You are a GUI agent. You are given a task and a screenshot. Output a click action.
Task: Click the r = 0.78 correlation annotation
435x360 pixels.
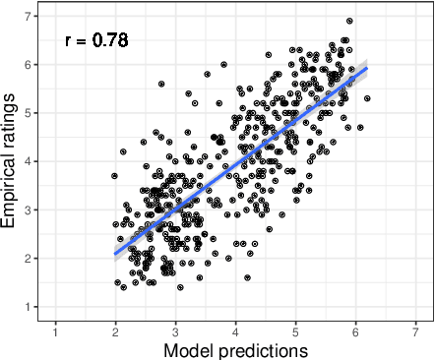click(x=96, y=41)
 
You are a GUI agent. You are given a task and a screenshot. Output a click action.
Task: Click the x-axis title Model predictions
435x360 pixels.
click(x=235, y=350)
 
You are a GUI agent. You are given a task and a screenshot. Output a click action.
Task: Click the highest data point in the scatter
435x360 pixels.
click(x=349, y=21)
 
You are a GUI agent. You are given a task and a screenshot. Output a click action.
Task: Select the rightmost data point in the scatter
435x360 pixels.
click(x=367, y=98)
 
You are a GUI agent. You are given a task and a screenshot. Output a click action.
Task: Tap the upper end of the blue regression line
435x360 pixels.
click(x=367, y=68)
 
